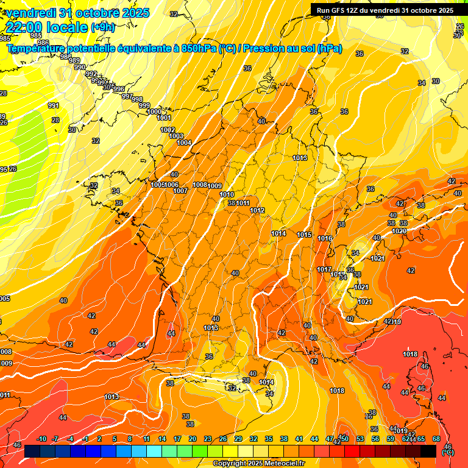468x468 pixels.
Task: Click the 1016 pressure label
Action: tap(325, 238)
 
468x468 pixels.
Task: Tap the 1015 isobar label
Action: tap(305, 235)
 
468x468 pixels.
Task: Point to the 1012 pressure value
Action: tap(257, 210)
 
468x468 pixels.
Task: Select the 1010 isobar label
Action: tap(227, 194)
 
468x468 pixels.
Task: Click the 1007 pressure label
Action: tap(180, 191)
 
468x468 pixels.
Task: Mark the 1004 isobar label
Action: tap(185, 143)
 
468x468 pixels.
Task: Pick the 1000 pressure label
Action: tap(155, 112)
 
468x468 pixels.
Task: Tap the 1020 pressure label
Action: tap(400, 231)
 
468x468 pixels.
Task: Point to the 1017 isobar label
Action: tap(324, 269)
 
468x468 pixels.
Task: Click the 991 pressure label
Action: tap(54, 105)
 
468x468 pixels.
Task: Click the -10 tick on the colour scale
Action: tap(41, 439)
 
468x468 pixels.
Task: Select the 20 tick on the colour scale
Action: tap(193, 439)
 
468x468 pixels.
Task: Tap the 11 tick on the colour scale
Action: tap(147, 439)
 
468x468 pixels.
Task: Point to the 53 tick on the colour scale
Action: tap(360, 439)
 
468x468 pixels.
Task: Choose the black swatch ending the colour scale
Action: tap(428, 451)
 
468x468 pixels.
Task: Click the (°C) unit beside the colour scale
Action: tap(448, 453)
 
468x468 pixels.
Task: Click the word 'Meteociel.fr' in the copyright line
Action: tap(284, 464)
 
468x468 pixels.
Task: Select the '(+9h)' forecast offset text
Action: tap(102, 27)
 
